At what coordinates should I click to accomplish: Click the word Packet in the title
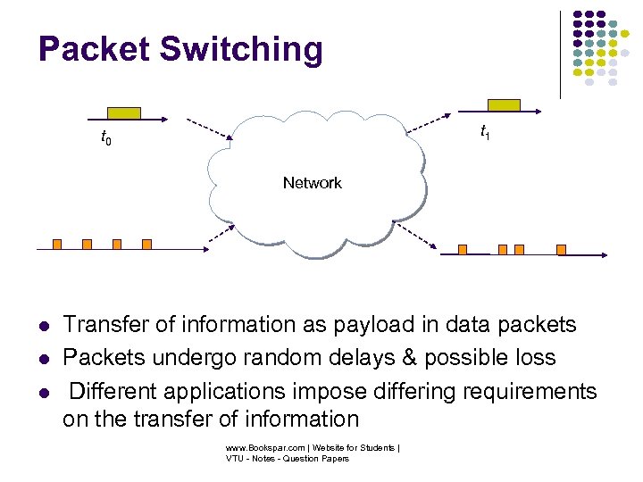tap(95, 49)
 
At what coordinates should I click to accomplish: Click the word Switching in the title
tap(241, 49)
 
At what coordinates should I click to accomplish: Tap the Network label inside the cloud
tap(312, 183)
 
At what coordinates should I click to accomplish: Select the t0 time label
tap(104, 138)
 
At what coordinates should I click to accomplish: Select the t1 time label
tap(484, 132)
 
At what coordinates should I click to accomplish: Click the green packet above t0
tap(123, 112)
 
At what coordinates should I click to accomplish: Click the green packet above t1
tap(504, 105)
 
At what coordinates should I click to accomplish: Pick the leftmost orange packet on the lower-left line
tap(56, 243)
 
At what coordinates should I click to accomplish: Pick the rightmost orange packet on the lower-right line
tap(561, 249)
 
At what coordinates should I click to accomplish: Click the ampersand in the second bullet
tap(408, 357)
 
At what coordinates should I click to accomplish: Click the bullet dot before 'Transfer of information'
tap(42, 326)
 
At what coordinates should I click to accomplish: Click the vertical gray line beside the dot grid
tap(560, 54)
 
